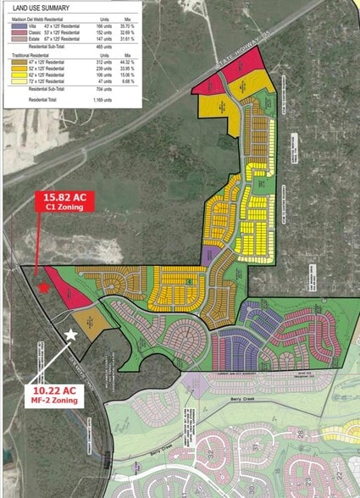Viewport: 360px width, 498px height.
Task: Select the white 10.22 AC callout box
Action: (60, 395)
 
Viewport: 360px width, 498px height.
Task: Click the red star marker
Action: (43, 288)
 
